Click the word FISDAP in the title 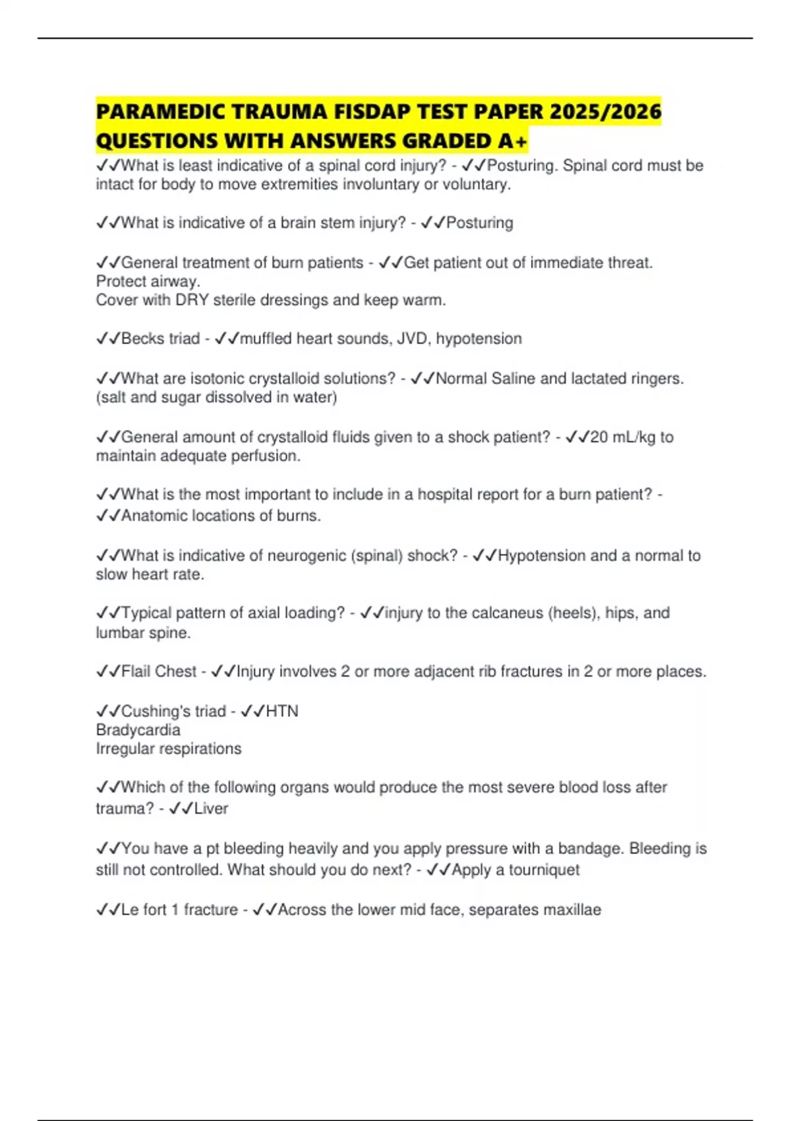click(374, 111)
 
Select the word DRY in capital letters click(191, 300)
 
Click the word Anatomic click(154, 516)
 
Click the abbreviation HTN click(282, 711)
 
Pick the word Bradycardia click(138, 730)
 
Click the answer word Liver click(211, 808)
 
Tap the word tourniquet click(544, 870)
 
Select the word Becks click(141, 338)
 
